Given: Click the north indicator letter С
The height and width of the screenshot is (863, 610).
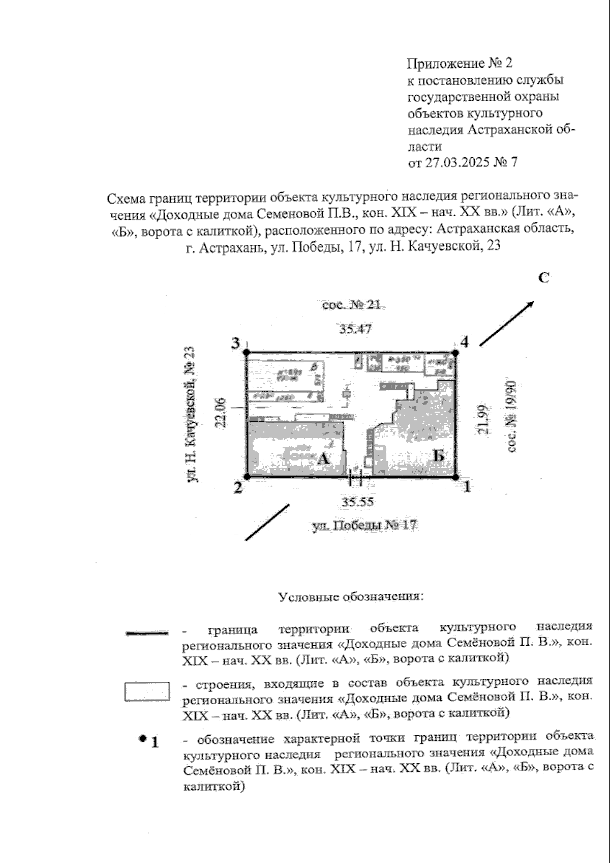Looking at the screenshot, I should click(x=544, y=278).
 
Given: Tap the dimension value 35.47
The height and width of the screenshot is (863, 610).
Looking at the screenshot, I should click(x=356, y=329).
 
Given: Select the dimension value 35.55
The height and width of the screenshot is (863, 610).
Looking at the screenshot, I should click(x=357, y=502).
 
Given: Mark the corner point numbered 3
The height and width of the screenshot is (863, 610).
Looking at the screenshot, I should click(x=247, y=352).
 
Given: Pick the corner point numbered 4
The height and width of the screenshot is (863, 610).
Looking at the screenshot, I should click(x=455, y=352).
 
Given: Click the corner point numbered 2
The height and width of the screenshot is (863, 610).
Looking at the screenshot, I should click(x=247, y=477).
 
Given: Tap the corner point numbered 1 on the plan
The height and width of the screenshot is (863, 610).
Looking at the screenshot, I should click(x=456, y=477).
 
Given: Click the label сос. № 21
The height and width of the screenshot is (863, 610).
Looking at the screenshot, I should click(x=351, y=305).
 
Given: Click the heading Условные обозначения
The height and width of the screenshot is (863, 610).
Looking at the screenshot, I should click(x=351, y=596).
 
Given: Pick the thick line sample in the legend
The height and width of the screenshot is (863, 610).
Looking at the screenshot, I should click(x=147, y=633).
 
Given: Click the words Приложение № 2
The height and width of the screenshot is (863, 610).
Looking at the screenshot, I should click(x=460, y=64).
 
